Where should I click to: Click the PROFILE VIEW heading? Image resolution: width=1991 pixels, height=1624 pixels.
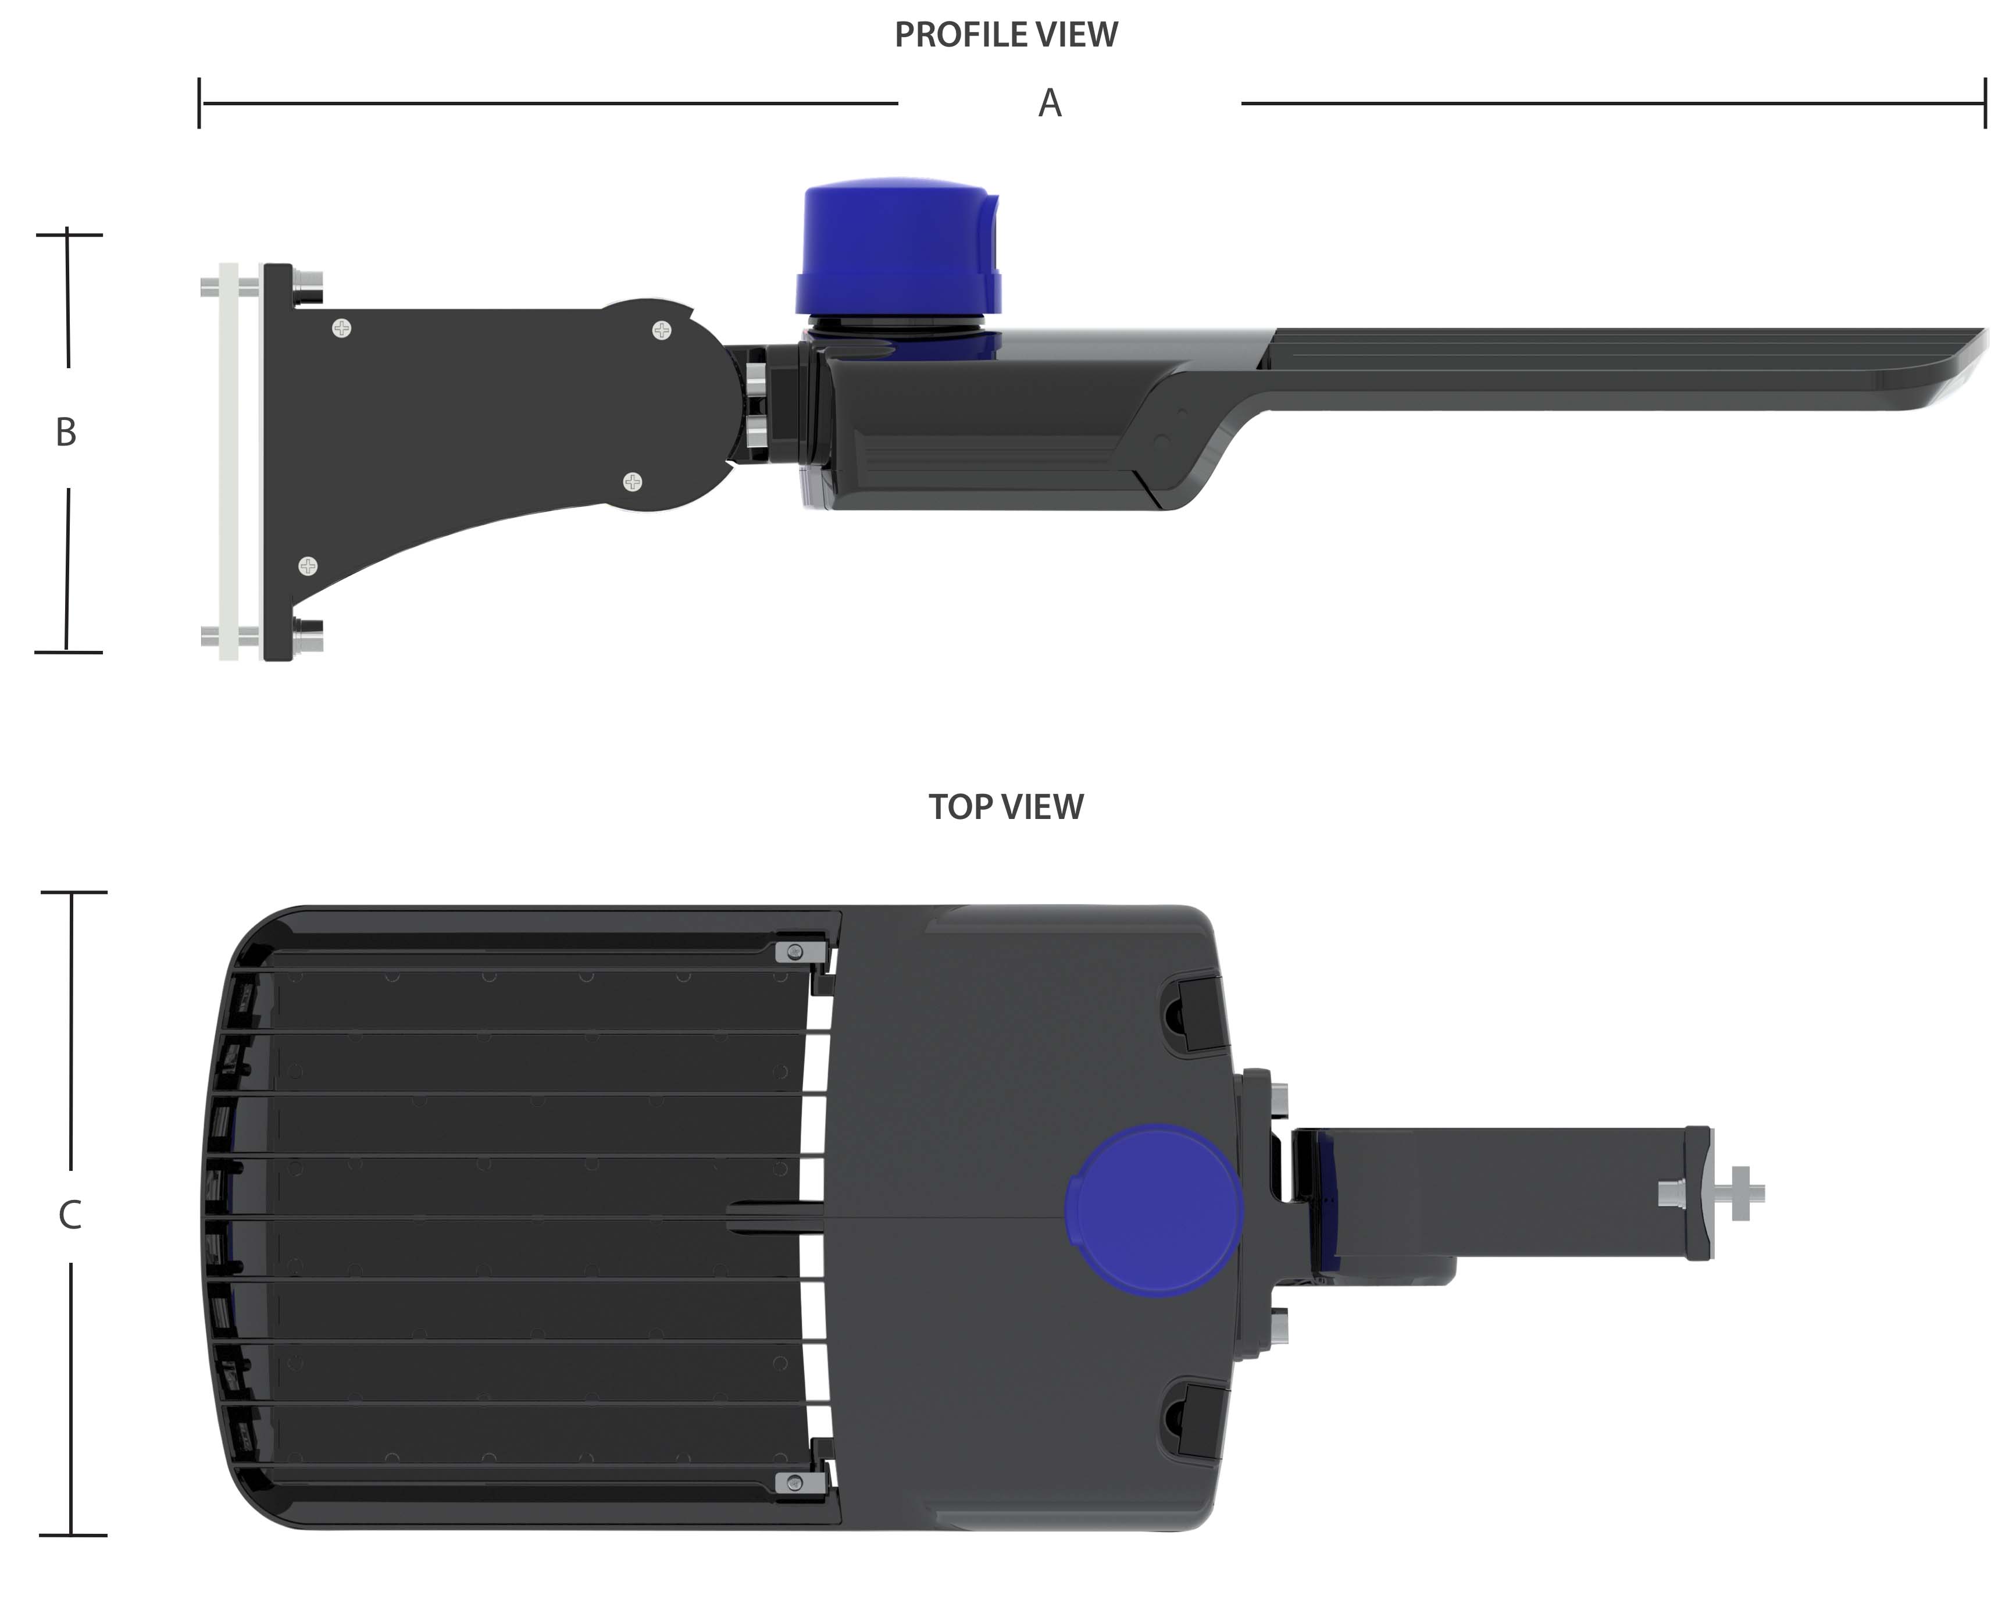click(x=1005, y=35)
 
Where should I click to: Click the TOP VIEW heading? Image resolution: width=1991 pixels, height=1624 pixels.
click(x=1005, y=806)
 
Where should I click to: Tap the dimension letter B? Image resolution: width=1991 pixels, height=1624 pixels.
click(x=66, y=432)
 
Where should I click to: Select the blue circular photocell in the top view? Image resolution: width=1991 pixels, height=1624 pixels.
click(x=1154, y=1210)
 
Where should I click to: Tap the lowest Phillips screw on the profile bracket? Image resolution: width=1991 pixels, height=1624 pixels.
click(x=308, y=566)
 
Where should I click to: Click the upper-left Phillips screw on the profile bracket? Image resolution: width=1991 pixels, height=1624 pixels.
click(x=342, y=329)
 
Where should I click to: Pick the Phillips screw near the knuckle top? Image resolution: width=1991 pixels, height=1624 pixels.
click(x=661, y=330)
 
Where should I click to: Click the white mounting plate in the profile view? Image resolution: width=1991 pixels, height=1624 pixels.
click(x=228, y=461)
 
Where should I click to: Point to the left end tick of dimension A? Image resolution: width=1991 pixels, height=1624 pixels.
click(x=199, y=103)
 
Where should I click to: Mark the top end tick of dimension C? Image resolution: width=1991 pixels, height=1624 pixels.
click(x=73, y=892)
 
